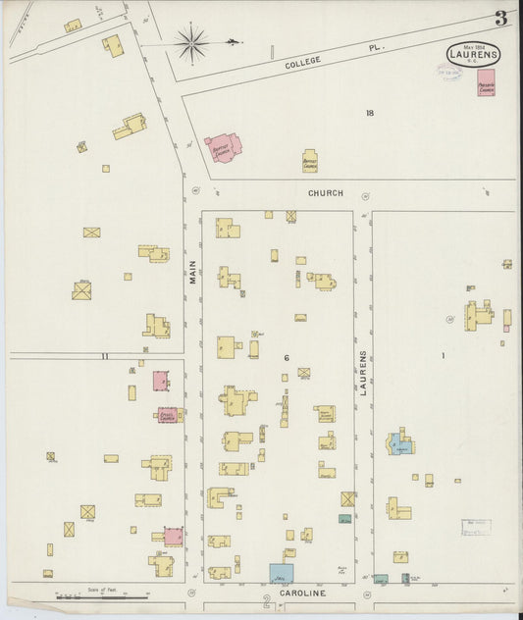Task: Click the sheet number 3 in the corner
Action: click(500, 18)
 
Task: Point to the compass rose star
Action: click(191, 42)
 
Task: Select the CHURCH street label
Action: click(325, 193)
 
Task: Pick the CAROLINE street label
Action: click(301, 594)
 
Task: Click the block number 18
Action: click(370, 113)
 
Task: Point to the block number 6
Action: click(287, 357)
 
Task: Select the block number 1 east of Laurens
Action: click(443, 355)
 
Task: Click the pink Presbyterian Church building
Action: click(486, 86)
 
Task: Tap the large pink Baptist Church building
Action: click(223, 149)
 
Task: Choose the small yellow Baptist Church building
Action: click(309, 161)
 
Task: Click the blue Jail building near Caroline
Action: click(281, 573)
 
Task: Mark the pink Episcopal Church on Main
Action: click(167, 415)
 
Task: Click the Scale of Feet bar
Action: click(102, 594)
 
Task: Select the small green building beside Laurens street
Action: click(345, 518)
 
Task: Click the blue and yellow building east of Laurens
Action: click(399, 444)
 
